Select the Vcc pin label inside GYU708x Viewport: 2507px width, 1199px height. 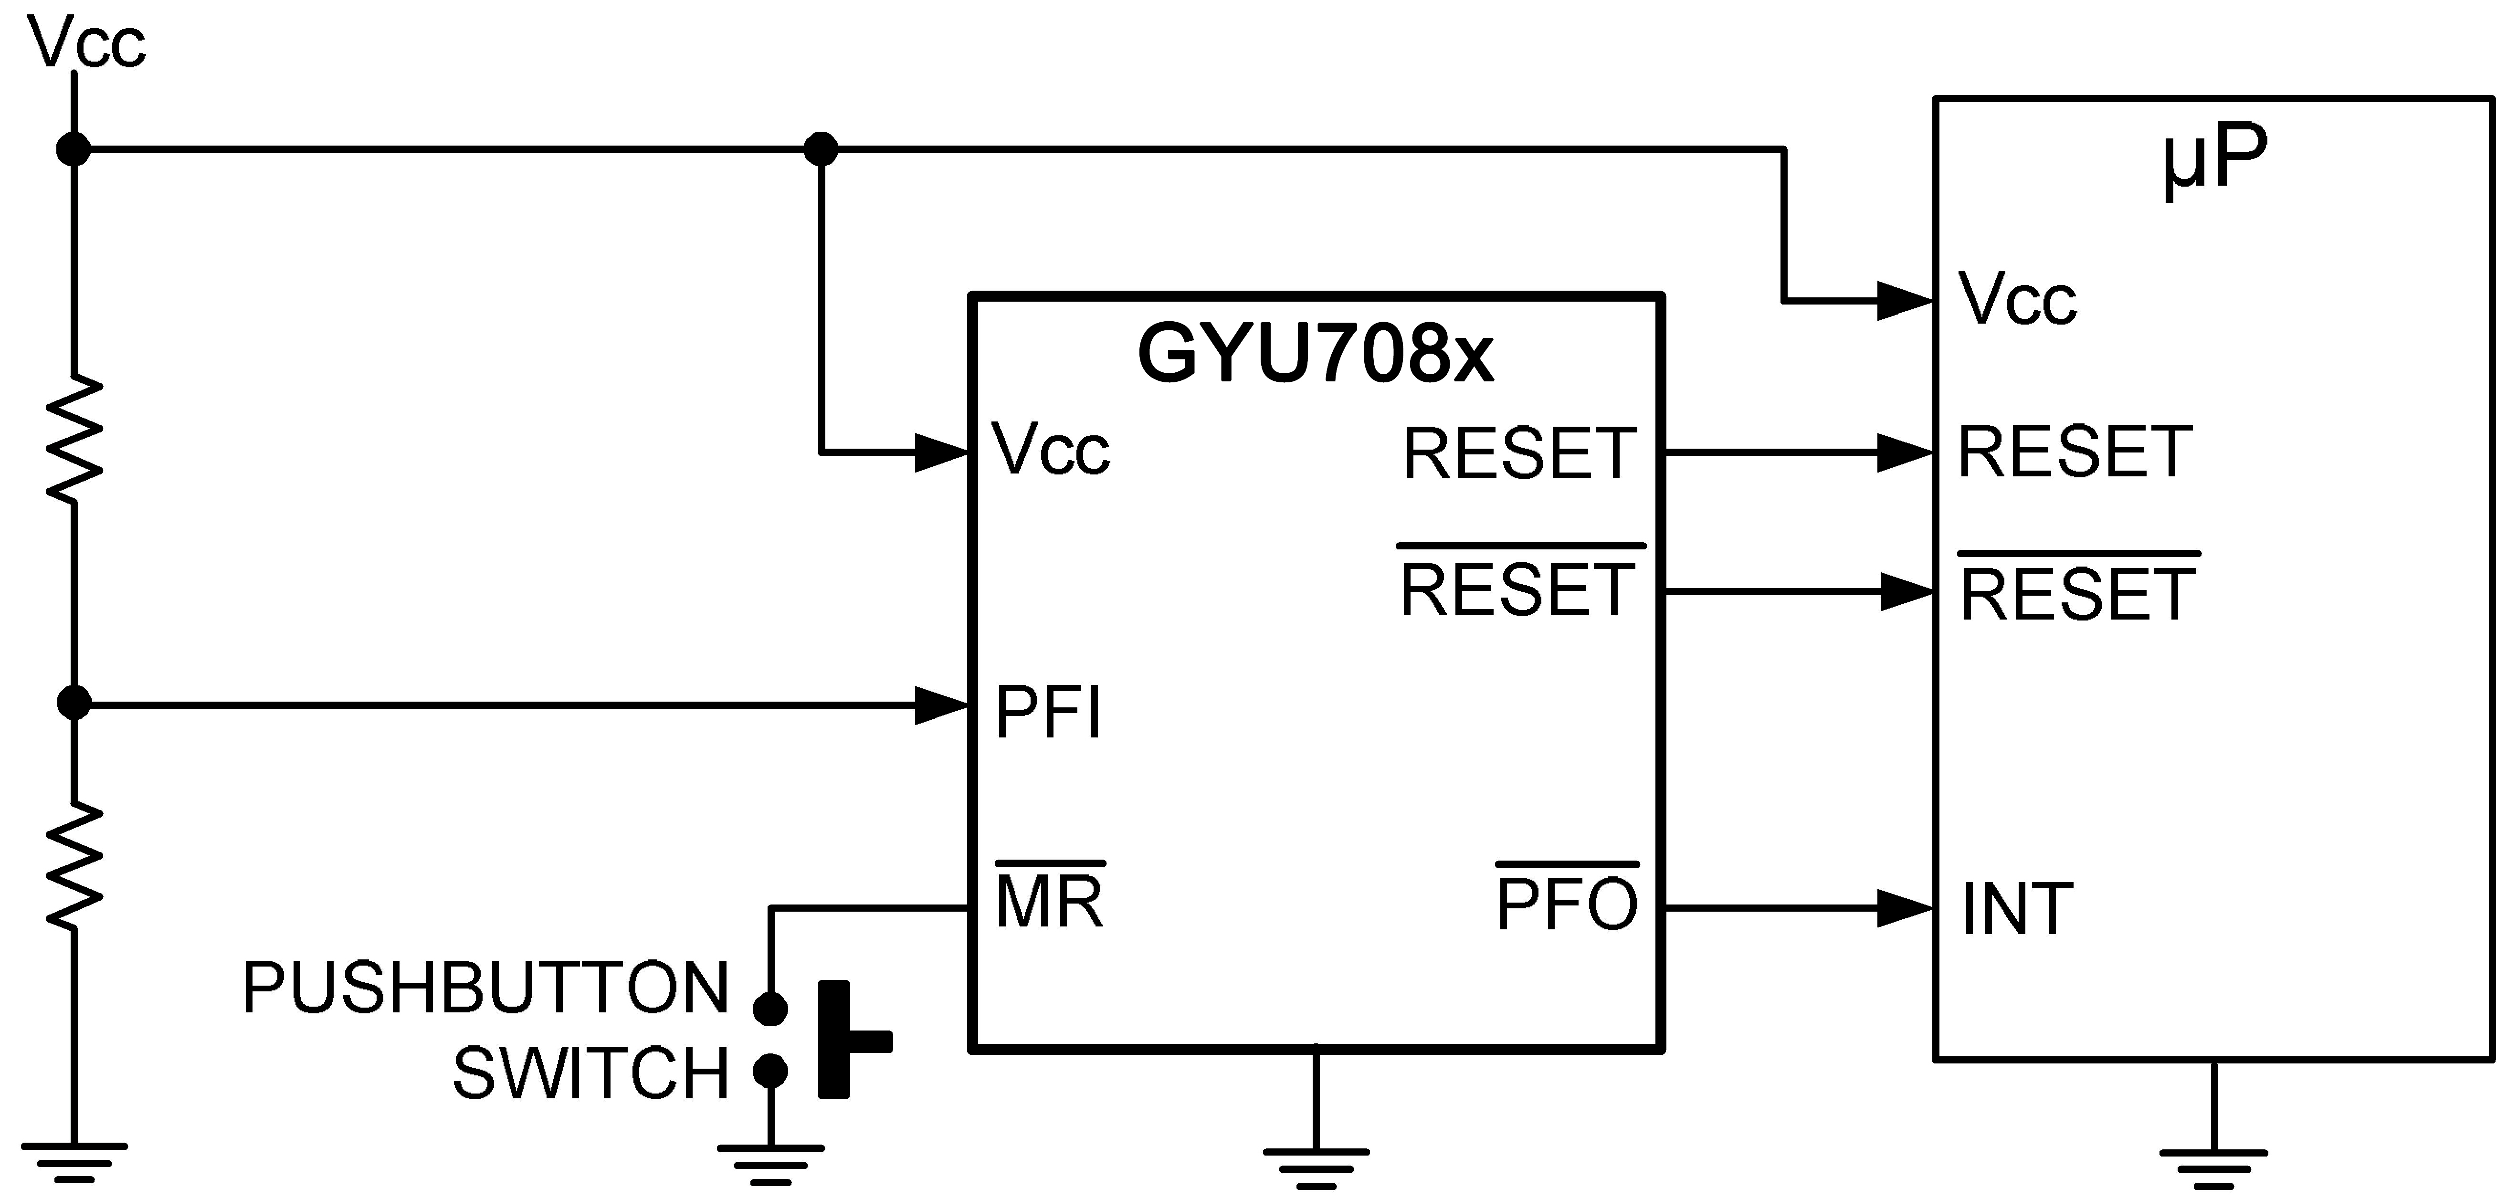[x=1051, y=450]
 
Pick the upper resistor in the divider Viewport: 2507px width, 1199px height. [x=74, y=440]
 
